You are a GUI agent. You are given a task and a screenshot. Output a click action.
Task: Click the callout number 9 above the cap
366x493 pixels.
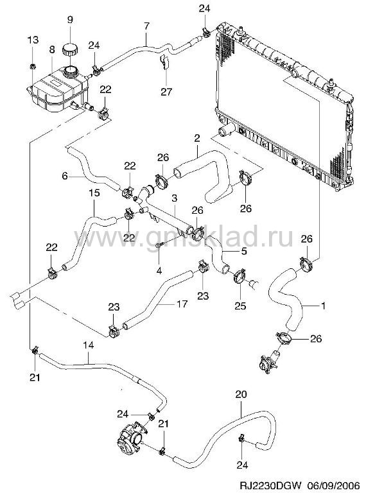coord(70,20)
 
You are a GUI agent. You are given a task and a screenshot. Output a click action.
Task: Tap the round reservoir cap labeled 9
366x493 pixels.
coord(71,50)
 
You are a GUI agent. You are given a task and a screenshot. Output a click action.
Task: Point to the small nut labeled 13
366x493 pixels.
coord(33,66)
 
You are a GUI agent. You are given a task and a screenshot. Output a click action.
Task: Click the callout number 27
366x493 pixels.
coord(166,92)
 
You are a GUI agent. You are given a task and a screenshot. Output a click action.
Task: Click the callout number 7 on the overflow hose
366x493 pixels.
coord(147,26)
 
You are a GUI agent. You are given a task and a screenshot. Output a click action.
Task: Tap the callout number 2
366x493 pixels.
coord(197,139)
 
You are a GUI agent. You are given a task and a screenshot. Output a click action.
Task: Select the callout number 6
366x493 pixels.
coord(65,176)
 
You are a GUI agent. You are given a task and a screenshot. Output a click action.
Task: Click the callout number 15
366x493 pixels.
coord(94,193)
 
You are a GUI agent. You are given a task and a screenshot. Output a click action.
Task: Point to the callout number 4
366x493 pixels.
coord(159,270)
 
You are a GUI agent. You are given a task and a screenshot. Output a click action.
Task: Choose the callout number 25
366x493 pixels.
coord(240,306)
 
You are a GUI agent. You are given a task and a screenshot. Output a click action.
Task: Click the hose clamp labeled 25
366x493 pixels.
coord(240,276)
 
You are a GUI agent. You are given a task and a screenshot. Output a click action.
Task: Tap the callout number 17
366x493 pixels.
coord(182,304)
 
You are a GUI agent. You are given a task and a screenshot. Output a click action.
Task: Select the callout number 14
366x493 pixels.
coord(89,345)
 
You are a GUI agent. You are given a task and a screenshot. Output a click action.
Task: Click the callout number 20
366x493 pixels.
coord(241,394)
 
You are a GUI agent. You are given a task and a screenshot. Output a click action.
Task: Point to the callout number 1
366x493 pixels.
coord(324,306)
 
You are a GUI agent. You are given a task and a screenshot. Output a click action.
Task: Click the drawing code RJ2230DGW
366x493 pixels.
coord(271,485)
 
